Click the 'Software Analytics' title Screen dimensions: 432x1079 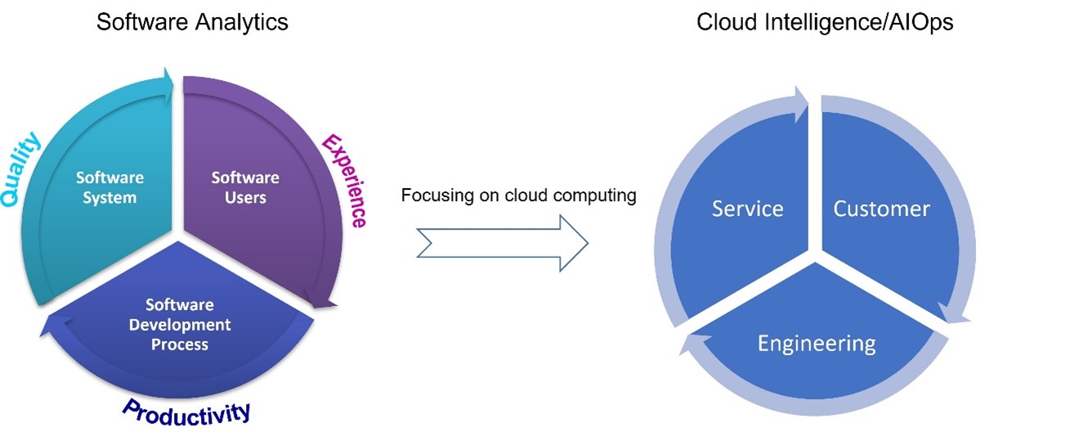coord(192,22)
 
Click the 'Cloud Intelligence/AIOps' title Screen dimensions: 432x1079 coord(825,22)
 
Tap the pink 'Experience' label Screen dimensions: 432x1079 coord(344,180)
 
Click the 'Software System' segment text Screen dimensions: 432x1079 coord(110,187)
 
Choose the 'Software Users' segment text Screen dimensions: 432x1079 coord(245,187)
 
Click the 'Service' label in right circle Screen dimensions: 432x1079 coord(747,209)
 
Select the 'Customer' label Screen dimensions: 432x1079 coord(881,209)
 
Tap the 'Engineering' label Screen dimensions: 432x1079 coord(816,343)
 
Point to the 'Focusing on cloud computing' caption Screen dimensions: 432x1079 coord(518,196)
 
